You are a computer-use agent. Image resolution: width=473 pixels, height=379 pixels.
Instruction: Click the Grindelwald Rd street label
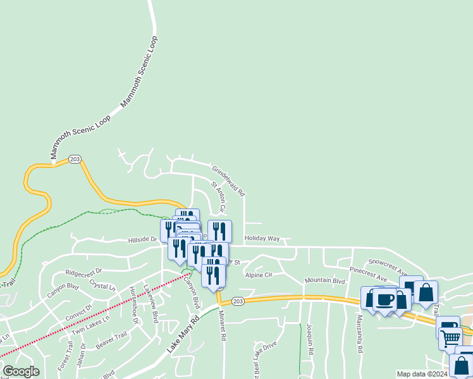228,181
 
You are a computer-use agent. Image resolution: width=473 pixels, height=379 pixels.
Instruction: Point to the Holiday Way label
262,239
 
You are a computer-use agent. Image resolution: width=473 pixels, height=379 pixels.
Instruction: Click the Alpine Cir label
259,275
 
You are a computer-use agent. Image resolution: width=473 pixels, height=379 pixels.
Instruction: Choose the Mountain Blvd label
324,280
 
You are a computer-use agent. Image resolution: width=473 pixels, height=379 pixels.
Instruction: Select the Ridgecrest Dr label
83,272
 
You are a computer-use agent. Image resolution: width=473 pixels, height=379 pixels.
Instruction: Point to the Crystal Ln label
103,286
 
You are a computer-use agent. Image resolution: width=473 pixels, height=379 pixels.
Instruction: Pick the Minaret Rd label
223,325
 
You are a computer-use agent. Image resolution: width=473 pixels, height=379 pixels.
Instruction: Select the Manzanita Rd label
359,333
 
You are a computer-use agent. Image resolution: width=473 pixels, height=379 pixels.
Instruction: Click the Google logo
21,371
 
